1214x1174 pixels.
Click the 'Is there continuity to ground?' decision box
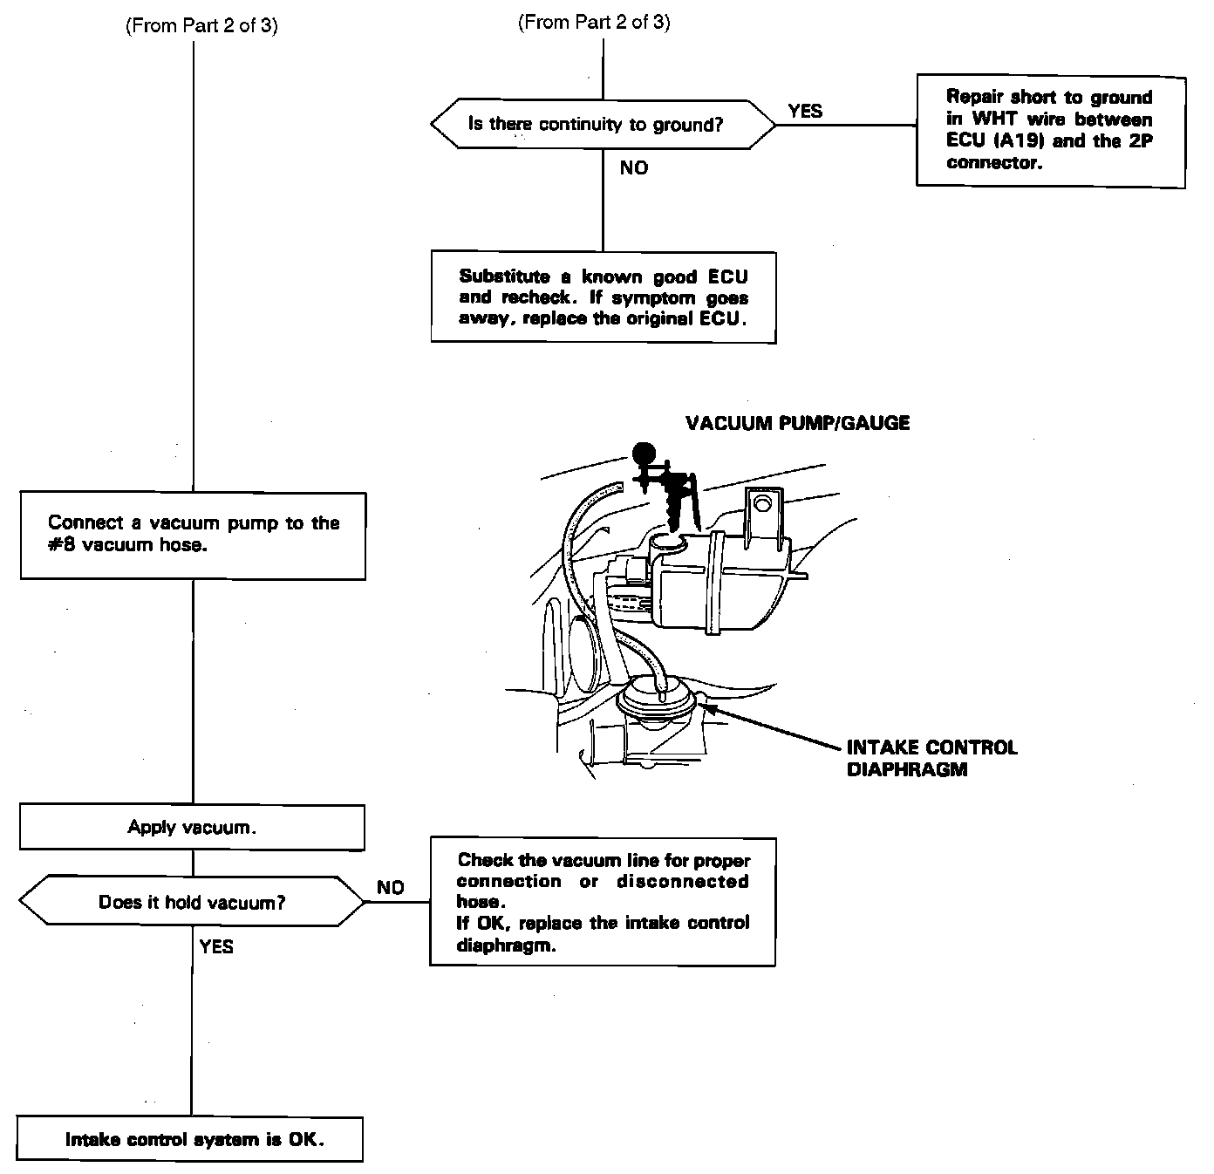(x=603, y=124)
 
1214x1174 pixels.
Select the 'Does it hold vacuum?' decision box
(x=192, y=902)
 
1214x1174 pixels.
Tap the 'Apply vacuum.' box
(x=192, y=827)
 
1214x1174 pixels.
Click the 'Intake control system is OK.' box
(x=190, y=1139)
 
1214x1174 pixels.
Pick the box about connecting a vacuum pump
(x=193, y=535)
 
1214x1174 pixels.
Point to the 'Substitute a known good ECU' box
(x=603, y=297)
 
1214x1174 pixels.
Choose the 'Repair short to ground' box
(x=1050, y=130)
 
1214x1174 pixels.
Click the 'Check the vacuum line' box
(x=603, y=902)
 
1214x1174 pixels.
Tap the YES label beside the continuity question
(x=805, y=111)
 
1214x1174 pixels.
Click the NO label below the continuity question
(x=634, y=167)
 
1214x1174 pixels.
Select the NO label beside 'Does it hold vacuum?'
(x=391, y=887)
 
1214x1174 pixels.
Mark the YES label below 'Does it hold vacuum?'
(x=216, y=946)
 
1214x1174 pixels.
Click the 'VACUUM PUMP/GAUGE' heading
(x=797, y=423)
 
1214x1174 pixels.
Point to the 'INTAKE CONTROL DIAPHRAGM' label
(x=931, y=759)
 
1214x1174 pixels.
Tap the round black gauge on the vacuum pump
(x=644, y=453)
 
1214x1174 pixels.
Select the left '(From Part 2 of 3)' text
(x=202, y=25)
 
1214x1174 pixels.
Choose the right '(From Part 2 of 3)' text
(x=594, y=23)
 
